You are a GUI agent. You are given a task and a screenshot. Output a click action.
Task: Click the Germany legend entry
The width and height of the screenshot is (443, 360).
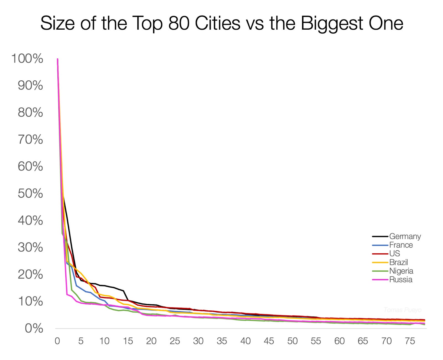pos(405,236)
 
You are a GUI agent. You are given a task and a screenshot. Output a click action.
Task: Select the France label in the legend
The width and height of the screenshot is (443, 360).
pos(401,245)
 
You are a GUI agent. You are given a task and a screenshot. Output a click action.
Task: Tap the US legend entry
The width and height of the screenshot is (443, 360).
pos(394,253)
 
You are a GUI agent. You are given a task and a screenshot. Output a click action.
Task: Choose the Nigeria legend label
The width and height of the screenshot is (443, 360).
pos(401,271)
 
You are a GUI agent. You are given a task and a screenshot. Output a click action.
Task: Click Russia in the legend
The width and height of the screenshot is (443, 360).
pos(400,279)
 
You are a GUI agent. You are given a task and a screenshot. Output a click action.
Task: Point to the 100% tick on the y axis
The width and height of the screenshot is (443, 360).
pos(27,58)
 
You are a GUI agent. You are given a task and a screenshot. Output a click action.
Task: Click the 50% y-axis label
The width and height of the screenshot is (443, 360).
pos(30,193)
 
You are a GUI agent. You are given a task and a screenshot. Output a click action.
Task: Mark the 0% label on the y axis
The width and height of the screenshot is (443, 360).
pos(34,328)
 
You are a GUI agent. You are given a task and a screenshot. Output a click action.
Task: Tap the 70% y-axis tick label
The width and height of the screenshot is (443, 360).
pos(30,139)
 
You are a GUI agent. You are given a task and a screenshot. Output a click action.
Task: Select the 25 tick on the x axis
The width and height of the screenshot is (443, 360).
pos(175,341)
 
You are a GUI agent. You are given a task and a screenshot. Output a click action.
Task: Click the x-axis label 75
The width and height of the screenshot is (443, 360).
pos(410,341)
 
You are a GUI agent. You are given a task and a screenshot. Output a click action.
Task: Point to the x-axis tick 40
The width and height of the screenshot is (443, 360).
pos(245,341)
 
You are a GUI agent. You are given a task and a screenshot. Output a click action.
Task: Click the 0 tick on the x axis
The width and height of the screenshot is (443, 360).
pos(57,341)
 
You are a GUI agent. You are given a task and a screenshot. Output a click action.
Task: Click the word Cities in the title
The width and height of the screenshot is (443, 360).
pos(218,23)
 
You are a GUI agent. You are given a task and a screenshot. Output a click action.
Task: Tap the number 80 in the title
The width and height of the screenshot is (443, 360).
pos(179,23)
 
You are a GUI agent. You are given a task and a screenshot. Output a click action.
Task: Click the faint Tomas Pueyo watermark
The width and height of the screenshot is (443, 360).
pos(402,310)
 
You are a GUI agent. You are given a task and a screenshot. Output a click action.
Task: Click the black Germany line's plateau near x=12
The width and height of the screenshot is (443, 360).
pos(114,287)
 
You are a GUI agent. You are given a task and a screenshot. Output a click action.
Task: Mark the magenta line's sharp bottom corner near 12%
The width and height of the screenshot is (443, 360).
pos(67,294)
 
